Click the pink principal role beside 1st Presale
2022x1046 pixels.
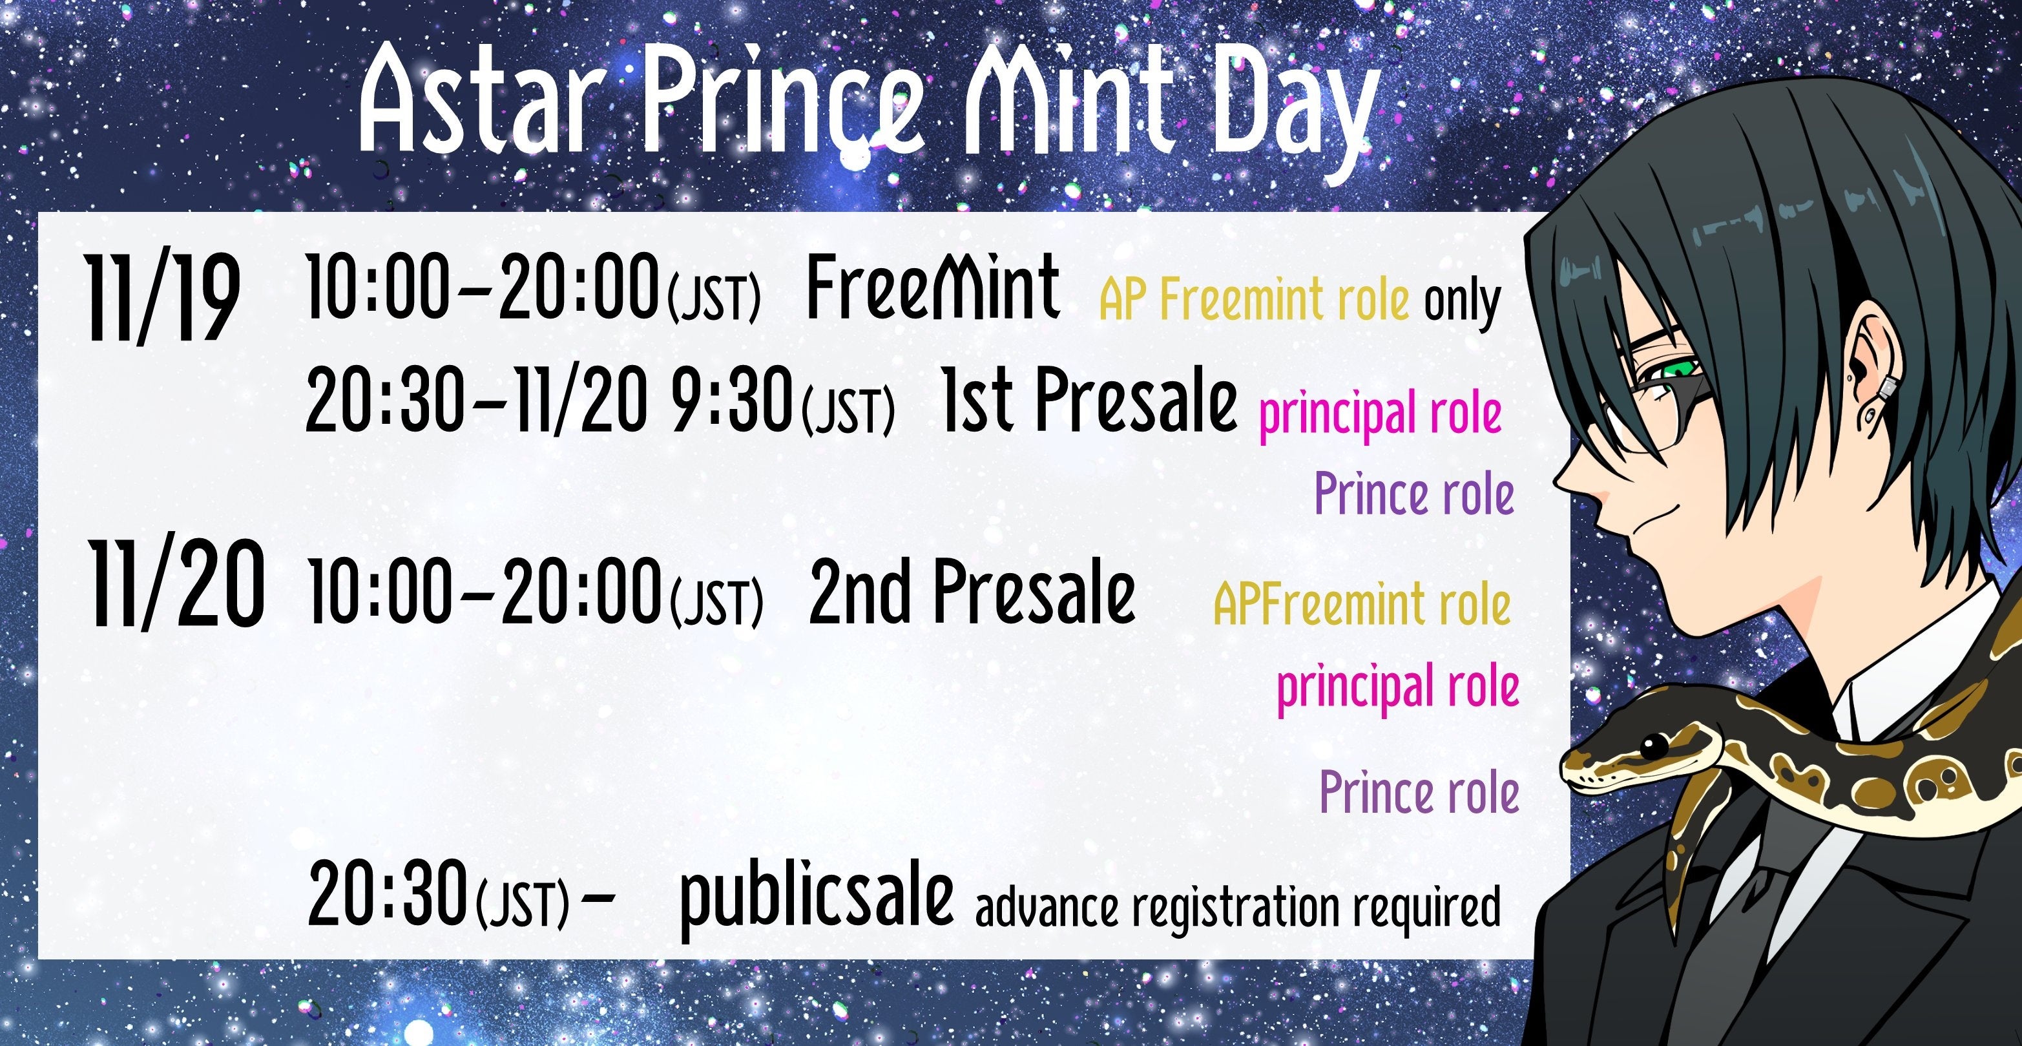click(1380, 415)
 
